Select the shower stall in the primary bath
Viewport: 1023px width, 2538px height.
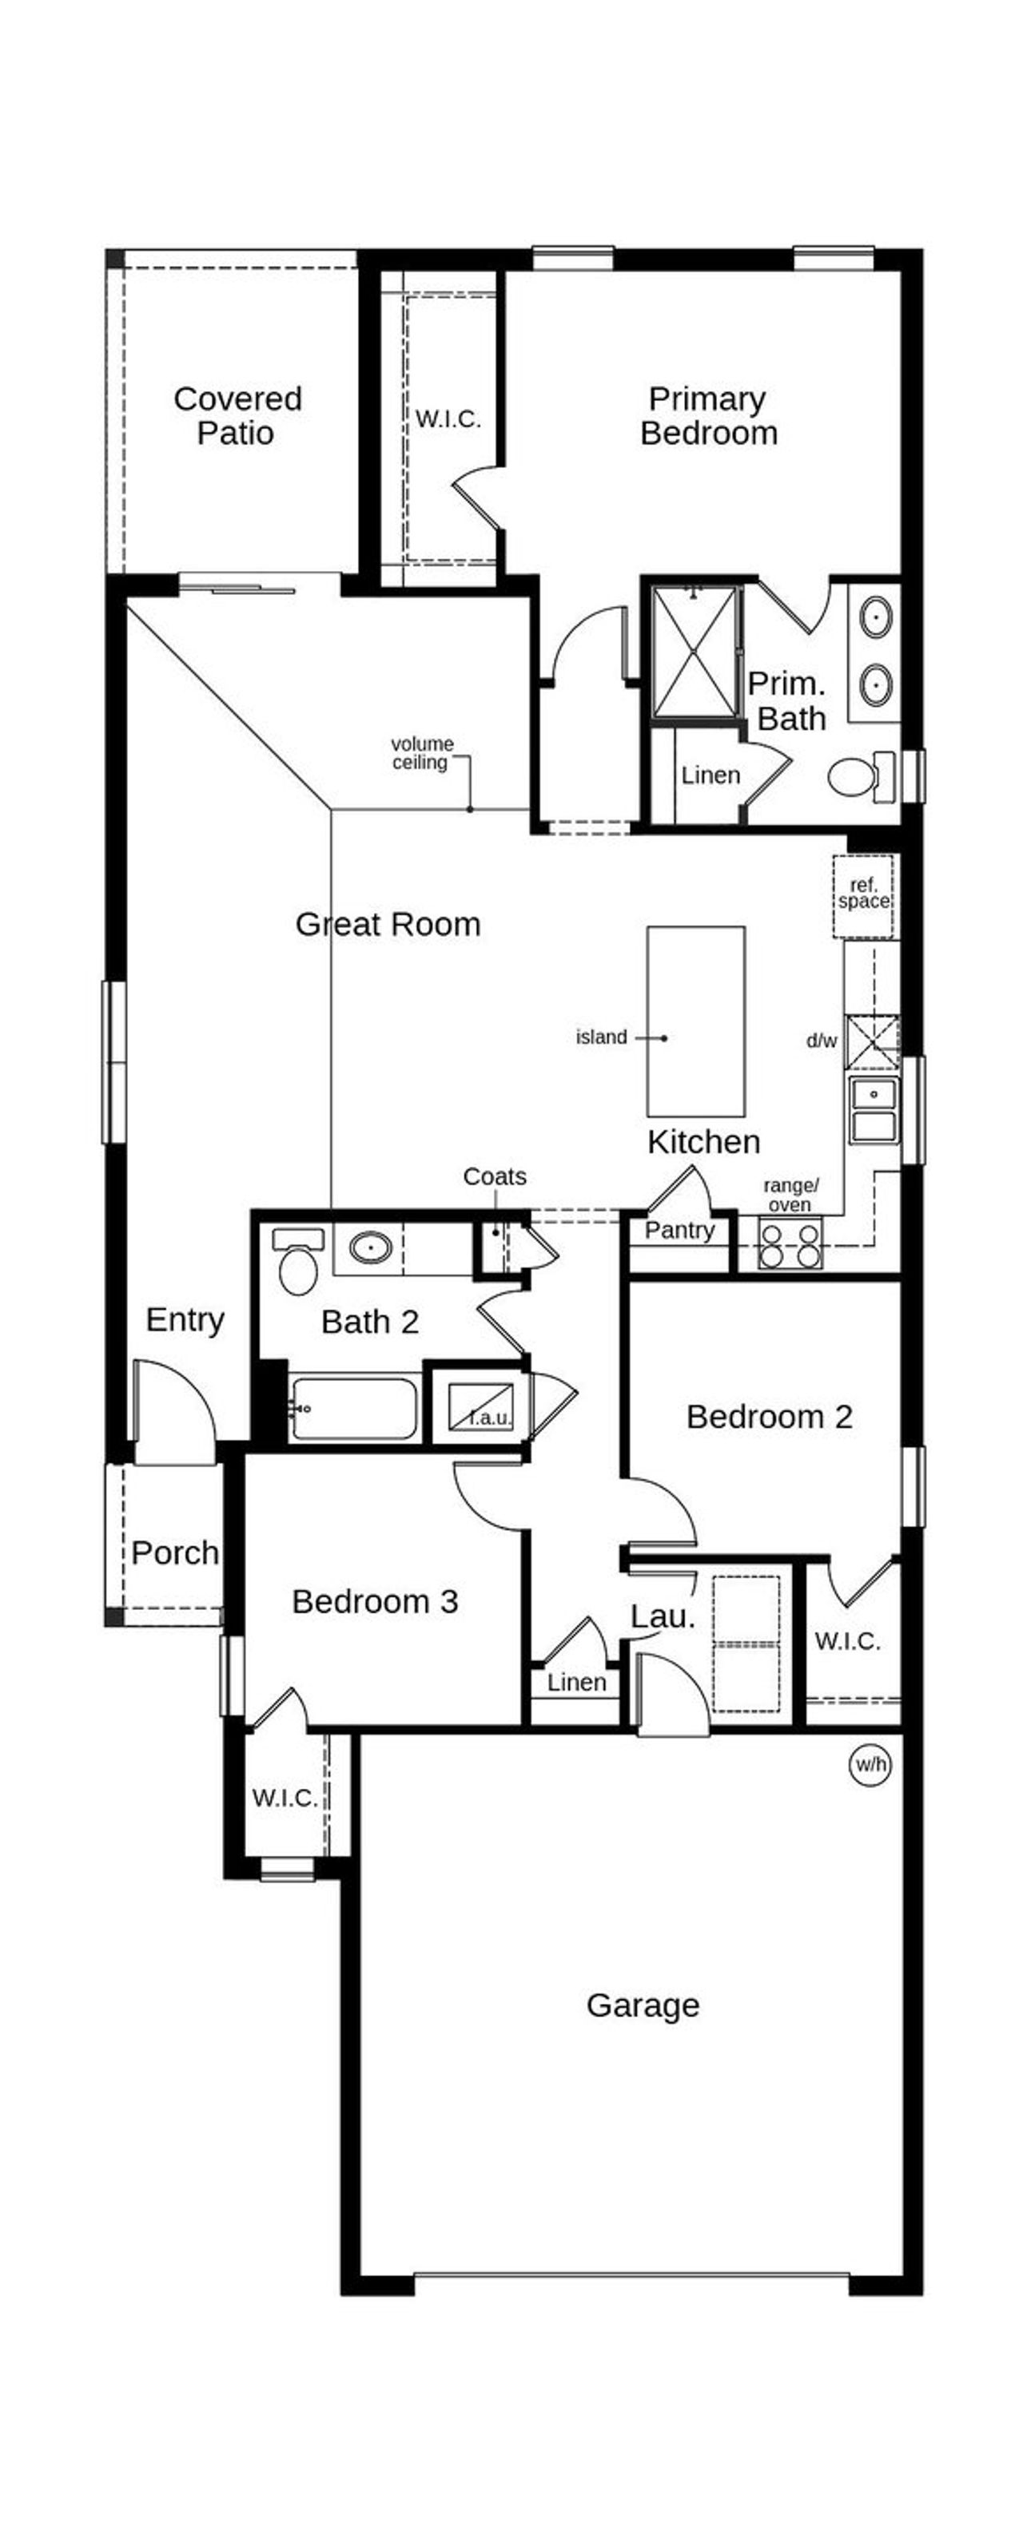(695, 651)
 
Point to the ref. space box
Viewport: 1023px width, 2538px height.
(863, 894)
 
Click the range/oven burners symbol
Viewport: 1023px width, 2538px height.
(789, 1244)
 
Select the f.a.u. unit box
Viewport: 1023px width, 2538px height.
(480, 1404)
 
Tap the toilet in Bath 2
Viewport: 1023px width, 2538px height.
(297, 1263)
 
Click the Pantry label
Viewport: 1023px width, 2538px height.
(679, 1230)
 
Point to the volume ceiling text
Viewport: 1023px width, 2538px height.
(422, 753)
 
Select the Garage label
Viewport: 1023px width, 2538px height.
(643, 2005)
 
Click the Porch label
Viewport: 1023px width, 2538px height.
(175, 1553)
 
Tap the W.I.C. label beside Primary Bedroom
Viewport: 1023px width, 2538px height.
(448, 418)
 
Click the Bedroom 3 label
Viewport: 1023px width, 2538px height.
(375, 1601)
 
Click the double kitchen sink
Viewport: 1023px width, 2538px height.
(874, 1109)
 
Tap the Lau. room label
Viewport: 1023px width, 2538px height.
(663, 1616)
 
